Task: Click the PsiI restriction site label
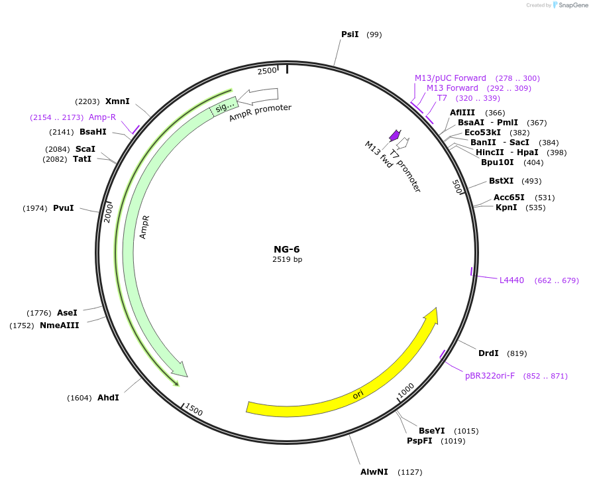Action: coord(349,34)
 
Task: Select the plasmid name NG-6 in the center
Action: coord(287,249)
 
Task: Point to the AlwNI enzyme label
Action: coord(374,472)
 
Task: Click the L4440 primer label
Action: coord(511,280)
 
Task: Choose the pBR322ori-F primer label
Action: coord(490,376)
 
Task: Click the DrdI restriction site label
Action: coord(488,353)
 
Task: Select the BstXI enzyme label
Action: coord(501,181)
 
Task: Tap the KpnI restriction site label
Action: coord(506,208)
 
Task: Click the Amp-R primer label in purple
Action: coord(102,117)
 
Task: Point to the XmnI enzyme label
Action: coord(117,101)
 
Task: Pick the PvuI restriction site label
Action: coord(64,208)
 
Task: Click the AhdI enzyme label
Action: coord(108,398)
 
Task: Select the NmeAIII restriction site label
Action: coord(59,326)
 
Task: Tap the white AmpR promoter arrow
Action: coord(258,96)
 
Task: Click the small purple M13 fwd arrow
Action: coord(394,135)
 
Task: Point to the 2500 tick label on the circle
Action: coord(267,71)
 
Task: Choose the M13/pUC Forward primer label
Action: coord(450,78)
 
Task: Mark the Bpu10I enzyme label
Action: coord(497,162)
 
